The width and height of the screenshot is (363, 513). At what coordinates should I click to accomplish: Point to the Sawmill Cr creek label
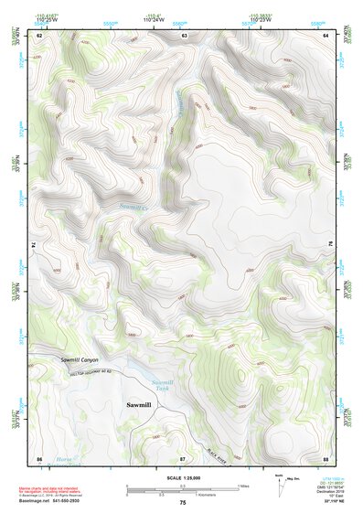133,208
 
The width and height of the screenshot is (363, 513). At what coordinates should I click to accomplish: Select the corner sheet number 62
39,35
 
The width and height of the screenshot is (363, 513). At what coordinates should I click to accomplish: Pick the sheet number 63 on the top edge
184,35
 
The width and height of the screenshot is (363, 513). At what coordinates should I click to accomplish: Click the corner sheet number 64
326,35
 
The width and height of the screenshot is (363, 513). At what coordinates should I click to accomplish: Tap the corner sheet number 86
39,457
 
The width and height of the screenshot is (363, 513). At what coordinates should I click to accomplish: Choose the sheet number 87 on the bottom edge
183,457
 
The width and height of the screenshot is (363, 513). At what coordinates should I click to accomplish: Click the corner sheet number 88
326,457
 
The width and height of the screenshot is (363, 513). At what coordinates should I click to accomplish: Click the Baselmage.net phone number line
50,500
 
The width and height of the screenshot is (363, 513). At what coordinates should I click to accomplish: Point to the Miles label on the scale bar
243,486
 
